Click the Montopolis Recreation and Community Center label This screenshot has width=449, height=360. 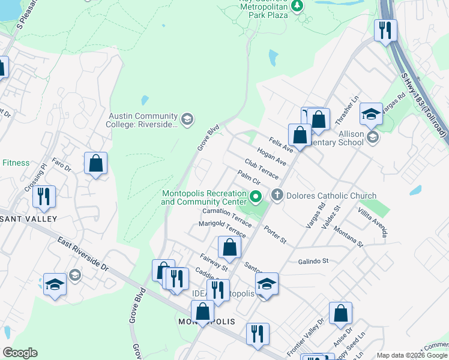point(204,197)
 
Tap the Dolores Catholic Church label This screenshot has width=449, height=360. point(331,196)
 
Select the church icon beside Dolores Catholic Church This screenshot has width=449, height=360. point(277,195)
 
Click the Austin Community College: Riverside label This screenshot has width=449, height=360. point(143,120)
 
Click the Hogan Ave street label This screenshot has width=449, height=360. point(271,157)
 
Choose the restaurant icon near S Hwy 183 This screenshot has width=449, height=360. point(384,29)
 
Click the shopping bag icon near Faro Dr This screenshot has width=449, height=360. point(95,163)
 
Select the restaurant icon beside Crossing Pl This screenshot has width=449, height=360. point(44,196)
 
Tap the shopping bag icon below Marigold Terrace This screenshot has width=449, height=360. point(229,247)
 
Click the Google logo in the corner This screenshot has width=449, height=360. point(20,353)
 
